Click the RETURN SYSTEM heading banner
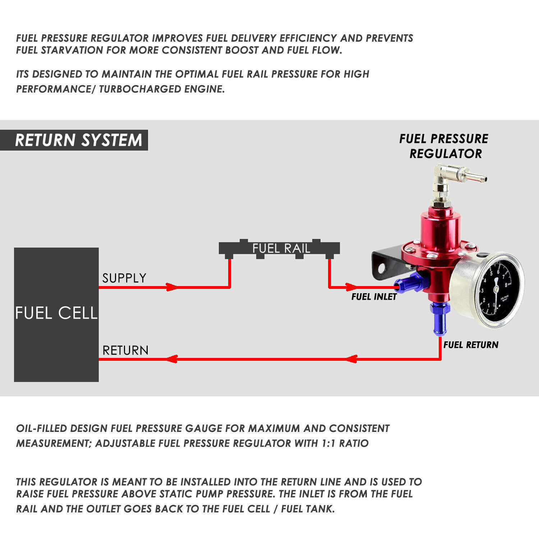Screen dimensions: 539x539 point(78,140)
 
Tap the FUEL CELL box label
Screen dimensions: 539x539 point(56,313)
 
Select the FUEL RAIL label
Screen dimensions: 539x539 point(281,248)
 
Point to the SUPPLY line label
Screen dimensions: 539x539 point(124,278)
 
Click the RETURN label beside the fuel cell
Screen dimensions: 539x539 point(125,350)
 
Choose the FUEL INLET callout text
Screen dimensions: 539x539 point(374,297)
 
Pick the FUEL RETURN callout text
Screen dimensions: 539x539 point(471,345)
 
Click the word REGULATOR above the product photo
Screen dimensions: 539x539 point(446,154)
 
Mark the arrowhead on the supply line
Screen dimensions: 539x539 point(171,287)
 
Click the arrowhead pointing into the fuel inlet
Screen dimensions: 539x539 point(351,287)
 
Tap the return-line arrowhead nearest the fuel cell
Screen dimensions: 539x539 point(172,359)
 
